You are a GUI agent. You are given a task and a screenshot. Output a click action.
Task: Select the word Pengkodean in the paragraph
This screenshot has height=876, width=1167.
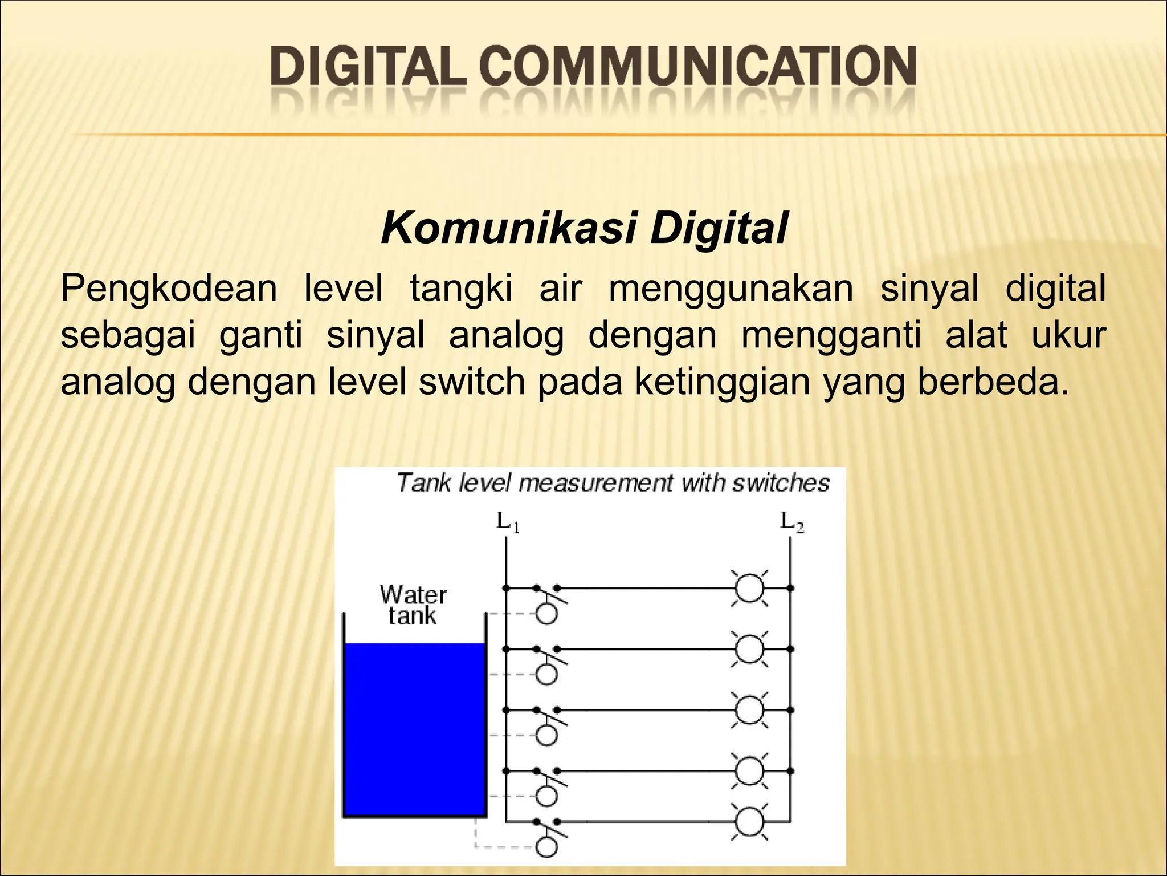click(169, 289)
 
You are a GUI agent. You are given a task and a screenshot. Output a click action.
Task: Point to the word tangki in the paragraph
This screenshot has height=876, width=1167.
click(461, 289)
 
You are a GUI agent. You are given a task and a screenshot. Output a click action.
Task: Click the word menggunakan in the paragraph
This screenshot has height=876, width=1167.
click(731, 289)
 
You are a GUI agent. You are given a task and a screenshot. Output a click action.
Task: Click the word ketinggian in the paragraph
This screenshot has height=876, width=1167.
click(722, 382)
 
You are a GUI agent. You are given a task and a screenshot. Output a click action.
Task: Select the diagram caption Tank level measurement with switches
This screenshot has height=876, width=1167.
click(613, 483)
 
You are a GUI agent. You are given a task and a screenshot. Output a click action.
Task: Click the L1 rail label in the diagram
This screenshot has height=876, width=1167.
click(507, 522)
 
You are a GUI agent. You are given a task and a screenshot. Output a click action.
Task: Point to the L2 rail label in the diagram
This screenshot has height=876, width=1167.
click(791, 522)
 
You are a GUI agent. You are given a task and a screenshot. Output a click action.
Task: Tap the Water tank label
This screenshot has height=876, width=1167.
click(413, 605)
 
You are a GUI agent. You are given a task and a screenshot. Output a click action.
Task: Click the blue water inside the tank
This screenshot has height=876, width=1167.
click(414, 730)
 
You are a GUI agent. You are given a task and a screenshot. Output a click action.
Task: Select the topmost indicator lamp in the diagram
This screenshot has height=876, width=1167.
click(749, 587)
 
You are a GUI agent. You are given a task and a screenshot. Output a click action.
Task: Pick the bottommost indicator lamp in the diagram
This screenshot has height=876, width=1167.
click(749, 822)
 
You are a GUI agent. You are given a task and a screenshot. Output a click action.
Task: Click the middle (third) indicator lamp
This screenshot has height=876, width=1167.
click(749, 710)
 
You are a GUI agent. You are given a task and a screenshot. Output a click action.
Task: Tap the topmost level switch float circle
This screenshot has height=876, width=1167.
click(547, 614)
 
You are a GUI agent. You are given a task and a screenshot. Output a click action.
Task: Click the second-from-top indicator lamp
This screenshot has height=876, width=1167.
click(749, 649)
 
